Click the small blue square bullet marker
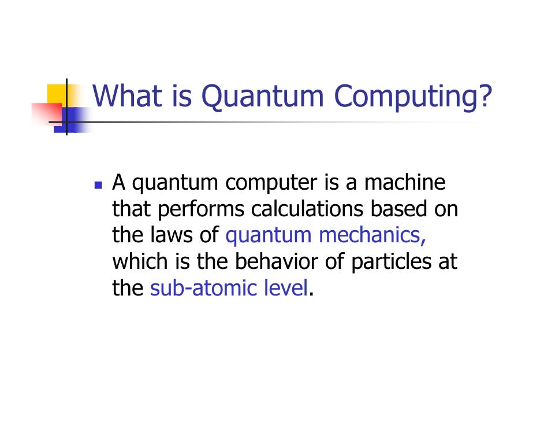(x=98, y=186)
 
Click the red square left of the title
(x=45, y=113)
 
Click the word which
(x=139, y=261)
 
